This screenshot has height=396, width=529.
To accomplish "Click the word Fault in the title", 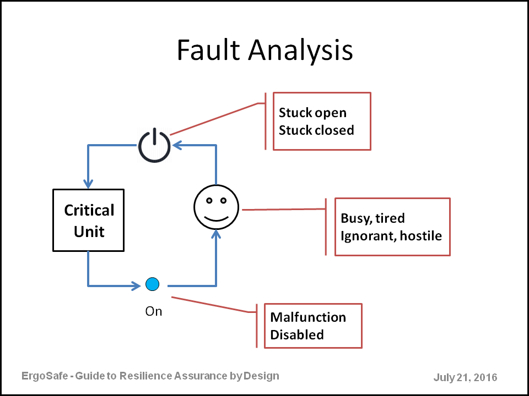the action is click(208, 50).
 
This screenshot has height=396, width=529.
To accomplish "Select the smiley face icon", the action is click(216, 207).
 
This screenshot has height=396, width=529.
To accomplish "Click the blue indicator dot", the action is click(152, 284).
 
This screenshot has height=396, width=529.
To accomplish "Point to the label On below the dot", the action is click(154, 311).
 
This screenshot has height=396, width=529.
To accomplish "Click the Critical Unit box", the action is click(88, 220).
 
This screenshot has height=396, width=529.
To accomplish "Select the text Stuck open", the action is click(312, 113).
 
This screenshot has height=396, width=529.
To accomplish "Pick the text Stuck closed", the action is click(316, 130).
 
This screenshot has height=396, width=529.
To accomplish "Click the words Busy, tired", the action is click(373, 218).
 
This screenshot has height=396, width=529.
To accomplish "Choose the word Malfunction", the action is click(308, 317).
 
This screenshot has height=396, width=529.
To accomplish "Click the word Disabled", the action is click(297, 335).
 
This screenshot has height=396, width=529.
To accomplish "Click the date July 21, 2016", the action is click(465, 377).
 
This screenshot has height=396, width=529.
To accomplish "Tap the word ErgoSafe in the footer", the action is click(45, 376).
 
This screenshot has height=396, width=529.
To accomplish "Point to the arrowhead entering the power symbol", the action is click(177, 145).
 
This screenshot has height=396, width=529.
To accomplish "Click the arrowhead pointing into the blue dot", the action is click(136, 286).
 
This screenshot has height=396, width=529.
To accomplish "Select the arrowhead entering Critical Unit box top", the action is click(88, 184).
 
